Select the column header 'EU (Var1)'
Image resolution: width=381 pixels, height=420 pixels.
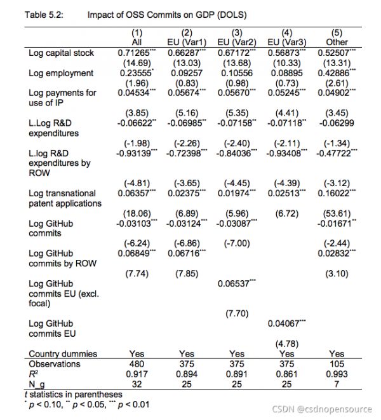tap(187, 43)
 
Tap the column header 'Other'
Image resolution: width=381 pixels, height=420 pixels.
tap(337, 43)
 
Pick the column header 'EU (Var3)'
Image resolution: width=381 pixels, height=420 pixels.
tap(286, 43)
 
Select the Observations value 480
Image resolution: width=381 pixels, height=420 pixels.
tap(137, 364)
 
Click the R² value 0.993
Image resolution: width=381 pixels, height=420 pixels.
tap(337, 374)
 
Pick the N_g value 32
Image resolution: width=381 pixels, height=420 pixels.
tap(137, 384)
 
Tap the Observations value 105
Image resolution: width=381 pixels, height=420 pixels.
tap(337, 364)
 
